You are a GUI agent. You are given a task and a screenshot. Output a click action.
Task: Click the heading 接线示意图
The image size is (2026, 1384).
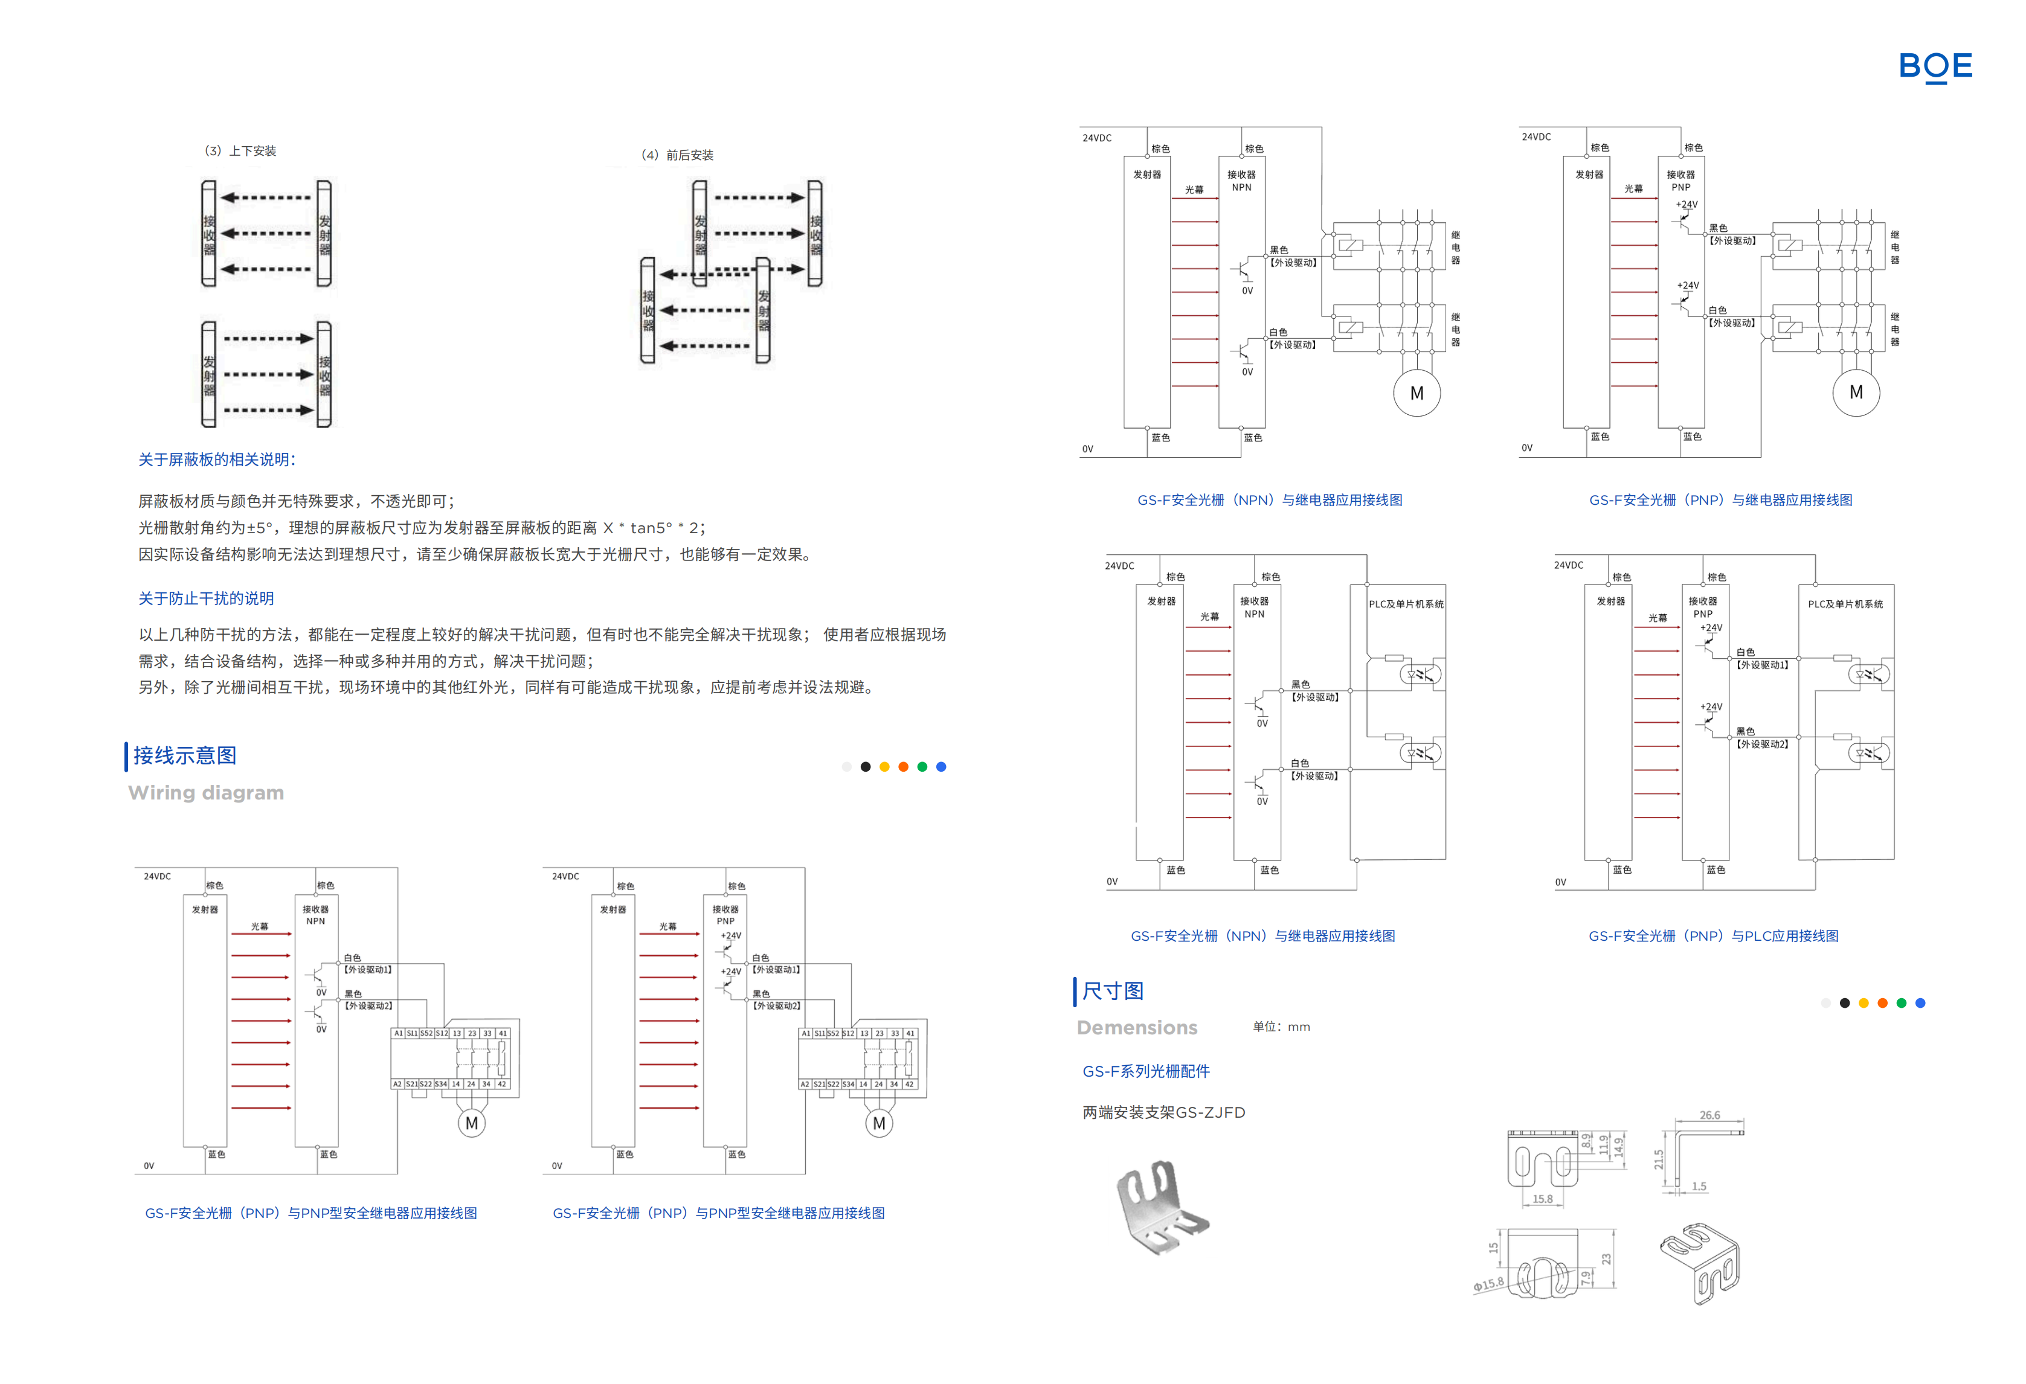coord(185,755)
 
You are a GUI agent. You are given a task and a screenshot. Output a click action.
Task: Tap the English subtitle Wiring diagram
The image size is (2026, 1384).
coord(206,793)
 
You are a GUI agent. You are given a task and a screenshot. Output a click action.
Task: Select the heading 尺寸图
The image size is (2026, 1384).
coord(1113,991)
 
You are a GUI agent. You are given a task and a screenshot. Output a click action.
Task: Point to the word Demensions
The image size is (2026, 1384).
coord(1137,1028)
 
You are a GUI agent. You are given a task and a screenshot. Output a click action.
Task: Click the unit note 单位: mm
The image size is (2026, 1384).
coord(1281,1027)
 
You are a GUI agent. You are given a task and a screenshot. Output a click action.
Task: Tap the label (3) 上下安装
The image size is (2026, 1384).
coord(240,151)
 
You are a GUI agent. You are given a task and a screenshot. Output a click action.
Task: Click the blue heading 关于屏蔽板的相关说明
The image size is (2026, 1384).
coord(217,460)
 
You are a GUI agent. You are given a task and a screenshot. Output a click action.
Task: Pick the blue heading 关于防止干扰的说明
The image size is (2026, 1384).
coord(206,598)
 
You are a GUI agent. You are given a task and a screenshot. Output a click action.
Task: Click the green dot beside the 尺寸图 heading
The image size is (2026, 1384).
coord(1902,1003)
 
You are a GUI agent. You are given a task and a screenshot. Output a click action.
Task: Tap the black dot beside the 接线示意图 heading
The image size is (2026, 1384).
coord(866,767)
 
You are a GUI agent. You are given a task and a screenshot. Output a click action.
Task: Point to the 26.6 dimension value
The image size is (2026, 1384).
coord(1709,1115)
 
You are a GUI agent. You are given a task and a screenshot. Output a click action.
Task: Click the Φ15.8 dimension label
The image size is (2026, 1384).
coord(1488,1284)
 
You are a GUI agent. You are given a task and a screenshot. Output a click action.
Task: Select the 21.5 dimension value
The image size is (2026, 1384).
coord(1659,1159)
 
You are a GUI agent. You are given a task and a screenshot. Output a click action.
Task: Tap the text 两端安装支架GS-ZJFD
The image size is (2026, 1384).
coord(1164,1112)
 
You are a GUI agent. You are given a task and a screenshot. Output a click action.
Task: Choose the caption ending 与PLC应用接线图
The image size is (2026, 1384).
coord(1713,936)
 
